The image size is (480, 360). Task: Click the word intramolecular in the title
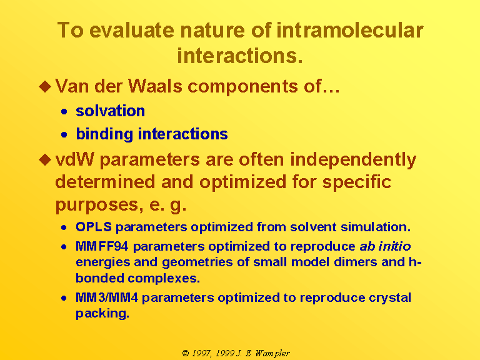tap(350, 31)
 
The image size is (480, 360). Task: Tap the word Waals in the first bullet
tap(155, 86)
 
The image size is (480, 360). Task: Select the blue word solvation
tap(110, 111)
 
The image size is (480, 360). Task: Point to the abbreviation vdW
tap(74, 159)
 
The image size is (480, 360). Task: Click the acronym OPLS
tap(94, 227)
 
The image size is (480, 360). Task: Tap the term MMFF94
tap(102, 246)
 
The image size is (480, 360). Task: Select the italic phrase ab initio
tap(385, 246)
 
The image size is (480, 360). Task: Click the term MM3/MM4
tap(107, 297)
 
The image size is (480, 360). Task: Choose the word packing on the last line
tap(102, 314)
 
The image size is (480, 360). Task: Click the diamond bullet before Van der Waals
tap(45, 86)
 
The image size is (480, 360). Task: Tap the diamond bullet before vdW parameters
tap(45, 160)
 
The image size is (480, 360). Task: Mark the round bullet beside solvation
tap(64, 111)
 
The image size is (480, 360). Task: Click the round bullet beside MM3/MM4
tap(64, 298)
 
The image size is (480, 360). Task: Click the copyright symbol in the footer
tap(186, 353)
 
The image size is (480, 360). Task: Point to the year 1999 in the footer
tap(225, 353)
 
